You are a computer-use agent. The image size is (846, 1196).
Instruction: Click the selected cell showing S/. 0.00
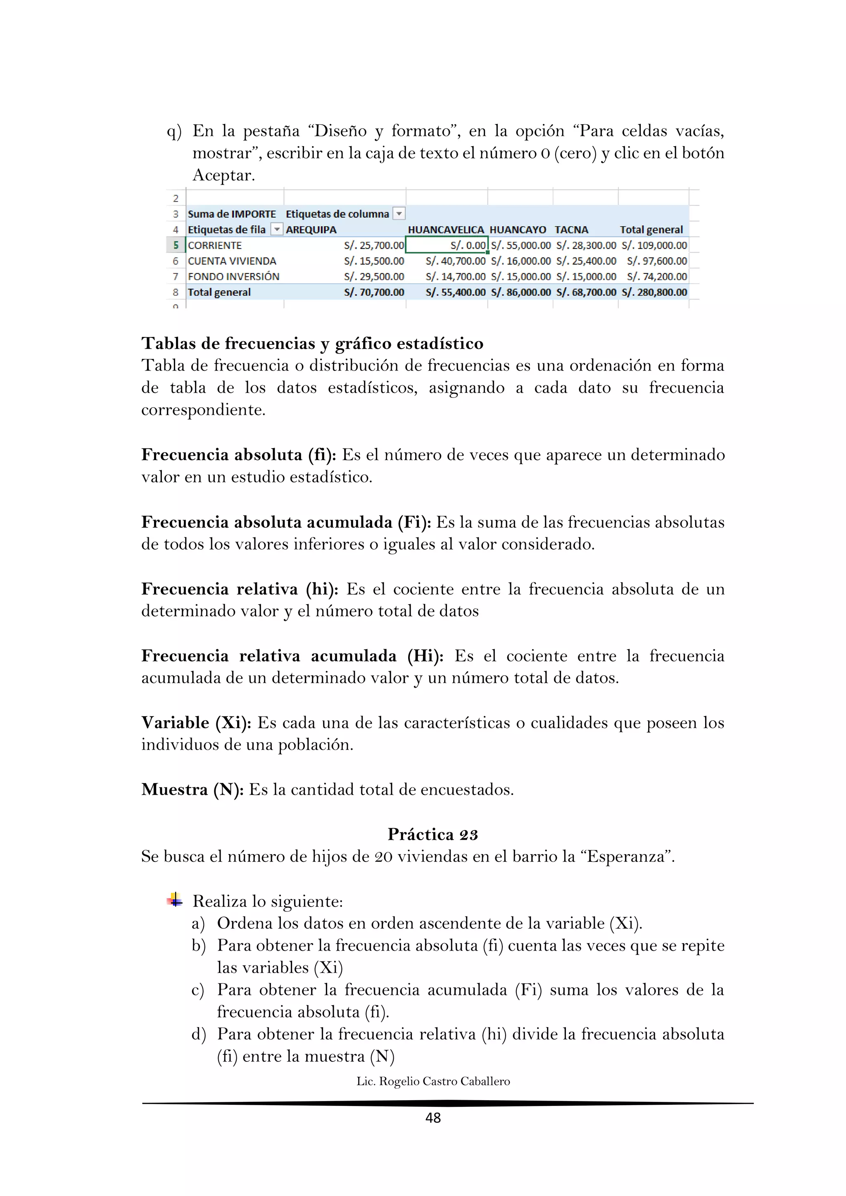[447, 245]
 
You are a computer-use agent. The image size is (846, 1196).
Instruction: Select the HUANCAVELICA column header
[445, 230]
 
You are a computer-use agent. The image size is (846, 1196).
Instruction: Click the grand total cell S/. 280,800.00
[654, 292]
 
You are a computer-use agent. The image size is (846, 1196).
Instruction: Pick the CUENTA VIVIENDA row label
[232, 261]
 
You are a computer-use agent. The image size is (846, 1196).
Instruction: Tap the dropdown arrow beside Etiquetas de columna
[399, 214]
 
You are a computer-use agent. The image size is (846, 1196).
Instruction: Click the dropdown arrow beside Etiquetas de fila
[277, 230]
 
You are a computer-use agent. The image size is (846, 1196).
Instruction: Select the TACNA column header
[571, 230]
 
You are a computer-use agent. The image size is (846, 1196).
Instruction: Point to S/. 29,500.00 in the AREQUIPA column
[373, 277]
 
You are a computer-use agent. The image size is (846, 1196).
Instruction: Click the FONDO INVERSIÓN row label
[233, 277]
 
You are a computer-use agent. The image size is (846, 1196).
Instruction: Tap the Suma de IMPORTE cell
[232, 214]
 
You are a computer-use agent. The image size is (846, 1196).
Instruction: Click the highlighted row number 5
[176, 245]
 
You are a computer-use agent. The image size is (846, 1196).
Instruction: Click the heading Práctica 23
[433, 835]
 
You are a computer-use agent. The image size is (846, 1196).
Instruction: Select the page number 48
[433, 1118]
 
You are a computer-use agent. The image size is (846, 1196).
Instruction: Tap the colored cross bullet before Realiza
[175, 899]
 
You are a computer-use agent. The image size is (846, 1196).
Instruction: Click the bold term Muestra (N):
[192, 790]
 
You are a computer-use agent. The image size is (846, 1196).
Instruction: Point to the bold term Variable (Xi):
[196, 723]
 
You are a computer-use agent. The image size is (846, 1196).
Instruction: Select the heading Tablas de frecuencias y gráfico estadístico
[312, 343]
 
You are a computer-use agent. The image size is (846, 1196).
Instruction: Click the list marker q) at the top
[174, 131]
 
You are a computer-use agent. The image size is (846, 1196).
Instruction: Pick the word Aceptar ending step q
[223, 176]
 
